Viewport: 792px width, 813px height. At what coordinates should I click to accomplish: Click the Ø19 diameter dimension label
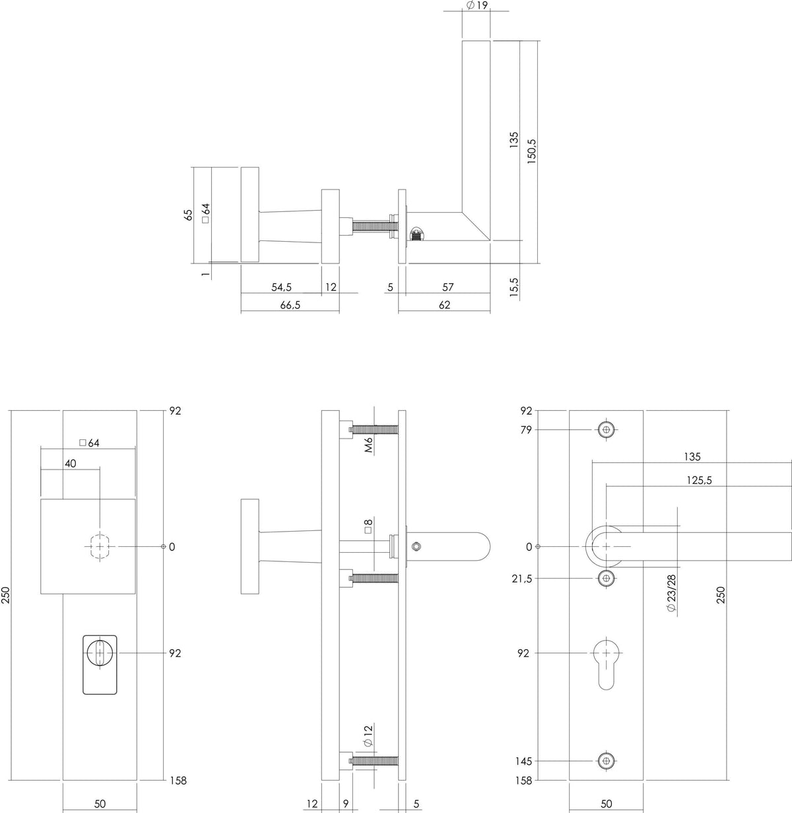[477, 5]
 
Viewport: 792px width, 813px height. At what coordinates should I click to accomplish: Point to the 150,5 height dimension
[531, 151]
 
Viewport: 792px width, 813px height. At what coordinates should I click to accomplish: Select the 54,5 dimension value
[281, 287]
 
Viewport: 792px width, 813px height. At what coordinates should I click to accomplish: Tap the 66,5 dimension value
[290, 305]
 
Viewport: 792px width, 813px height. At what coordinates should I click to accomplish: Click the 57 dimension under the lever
[447, 287]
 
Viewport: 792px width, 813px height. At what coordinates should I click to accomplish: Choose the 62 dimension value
[445, 305]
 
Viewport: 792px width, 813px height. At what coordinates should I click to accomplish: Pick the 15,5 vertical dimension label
[513, 287]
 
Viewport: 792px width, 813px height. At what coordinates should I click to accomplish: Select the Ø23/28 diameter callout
[671, 593]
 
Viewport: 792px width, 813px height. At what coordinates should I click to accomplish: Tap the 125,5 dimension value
[699, 480]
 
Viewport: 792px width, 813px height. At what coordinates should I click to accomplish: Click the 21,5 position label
[522, 579]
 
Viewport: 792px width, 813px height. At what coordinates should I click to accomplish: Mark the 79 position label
[526, 429]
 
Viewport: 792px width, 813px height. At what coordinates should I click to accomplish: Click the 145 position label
[523, 761]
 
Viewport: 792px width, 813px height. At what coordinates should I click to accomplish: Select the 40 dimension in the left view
[71, 464]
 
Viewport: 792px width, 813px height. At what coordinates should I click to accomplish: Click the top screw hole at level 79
[606, 429]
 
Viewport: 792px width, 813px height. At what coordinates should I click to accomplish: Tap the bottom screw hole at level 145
[606, 761]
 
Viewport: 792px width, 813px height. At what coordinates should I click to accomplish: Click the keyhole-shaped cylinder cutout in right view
[606, 664]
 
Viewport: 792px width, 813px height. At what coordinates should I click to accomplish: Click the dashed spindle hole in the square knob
[100, 546]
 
